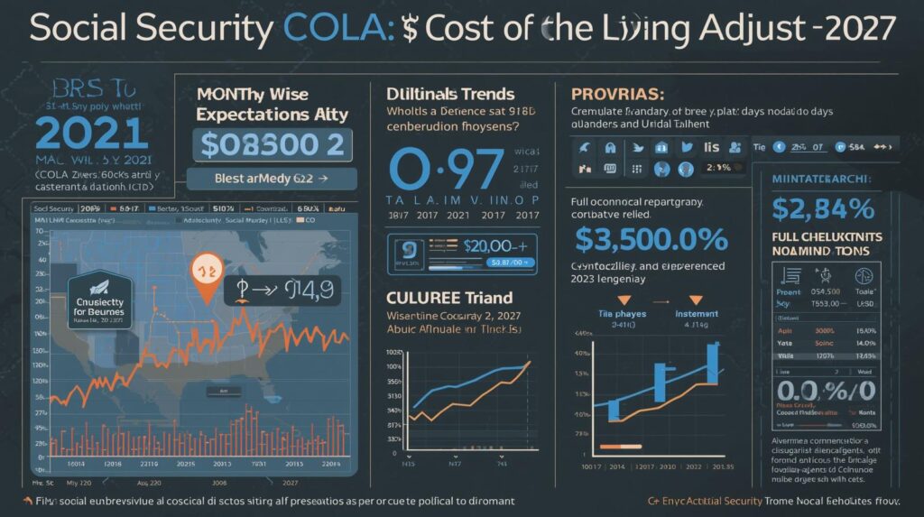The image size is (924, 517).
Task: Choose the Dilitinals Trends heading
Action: (x=450, y=94)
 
